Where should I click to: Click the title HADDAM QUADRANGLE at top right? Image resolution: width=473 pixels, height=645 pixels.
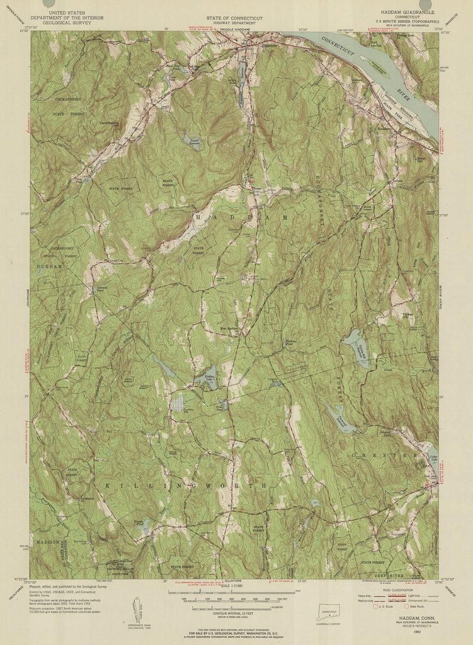[x=408, y=12]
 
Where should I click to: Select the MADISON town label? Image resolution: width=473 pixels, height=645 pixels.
[x=48, y=541]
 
